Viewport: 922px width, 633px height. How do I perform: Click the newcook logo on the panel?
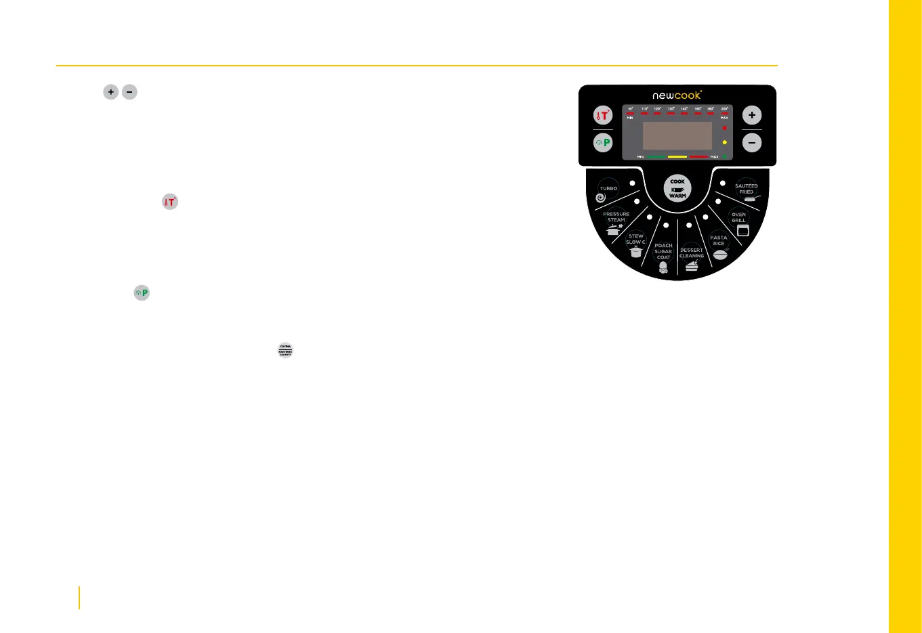(677, 95)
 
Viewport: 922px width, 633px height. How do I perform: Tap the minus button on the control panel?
(751, 143)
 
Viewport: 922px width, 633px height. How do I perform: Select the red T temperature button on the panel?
(603, 116)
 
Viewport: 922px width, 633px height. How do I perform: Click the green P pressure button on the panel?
(603, 143)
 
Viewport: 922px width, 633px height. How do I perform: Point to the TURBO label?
(608, 188)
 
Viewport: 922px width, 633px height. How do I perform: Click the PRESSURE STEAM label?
(616, 217)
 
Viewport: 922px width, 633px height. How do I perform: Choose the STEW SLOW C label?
(635, 239)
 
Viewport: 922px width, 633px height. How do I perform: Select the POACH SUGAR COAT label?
(663, 251)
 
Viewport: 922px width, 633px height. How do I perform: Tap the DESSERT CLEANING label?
(692, 253)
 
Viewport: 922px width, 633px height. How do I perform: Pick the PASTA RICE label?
(719, 240)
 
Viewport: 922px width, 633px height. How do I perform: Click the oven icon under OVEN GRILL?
(743, 231)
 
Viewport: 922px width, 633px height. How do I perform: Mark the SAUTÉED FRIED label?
(747, 189)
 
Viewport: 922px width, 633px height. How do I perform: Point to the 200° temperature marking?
(724, 108)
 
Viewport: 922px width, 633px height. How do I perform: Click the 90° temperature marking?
(630, 108)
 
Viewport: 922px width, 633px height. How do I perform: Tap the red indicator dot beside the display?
(724, 127)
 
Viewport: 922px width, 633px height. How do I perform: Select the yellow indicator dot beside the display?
(724, 142)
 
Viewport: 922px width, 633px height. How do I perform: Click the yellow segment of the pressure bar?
(677, 156)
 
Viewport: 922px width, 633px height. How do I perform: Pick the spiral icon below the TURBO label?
(600, 198)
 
